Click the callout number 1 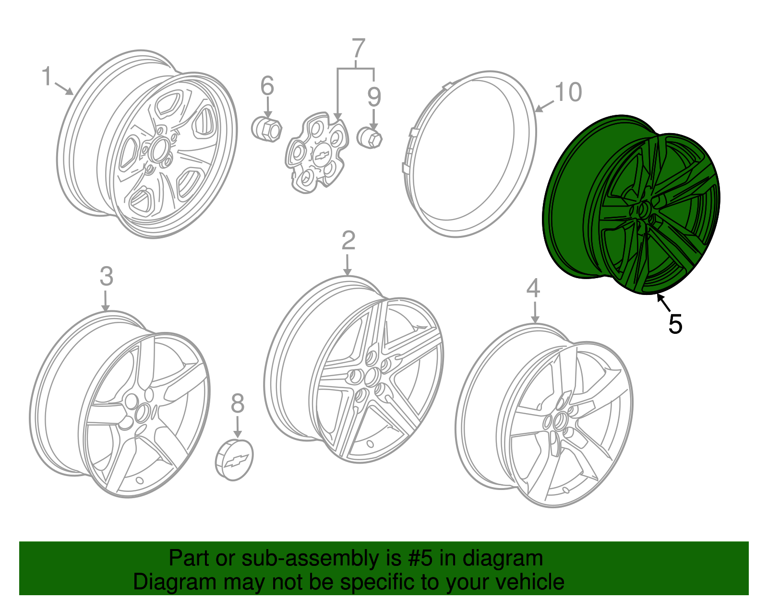(x=47, y=76)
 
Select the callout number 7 (x=359, y=48)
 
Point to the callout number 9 (x=374, y=97)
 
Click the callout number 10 (x=568, y=92)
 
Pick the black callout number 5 (x=675, y=324)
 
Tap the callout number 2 (x=348, y=240)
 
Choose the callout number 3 (x=107, y=276)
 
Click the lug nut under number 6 (x=267, y=129)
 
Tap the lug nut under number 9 (x=370, y=138)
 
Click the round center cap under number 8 (x=234, y=460)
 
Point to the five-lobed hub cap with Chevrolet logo (x=317, y=153)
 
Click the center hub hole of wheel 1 (x=159, y=150)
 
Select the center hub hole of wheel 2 (x=373, y=376)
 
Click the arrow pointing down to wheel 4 (x=535, y=312)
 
